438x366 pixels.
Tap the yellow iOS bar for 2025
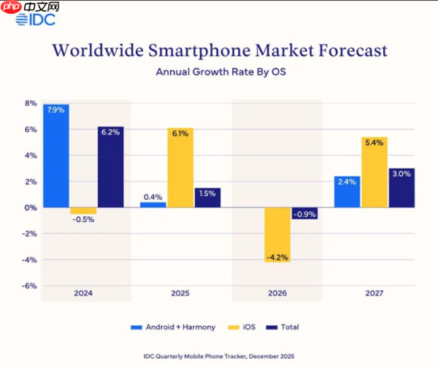click(180, 167)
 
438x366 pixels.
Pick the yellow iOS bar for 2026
click(278, 235)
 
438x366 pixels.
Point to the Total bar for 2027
click(402, 188)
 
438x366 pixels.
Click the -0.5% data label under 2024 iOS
click(83, 220)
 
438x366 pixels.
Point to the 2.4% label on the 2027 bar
click(347, 182)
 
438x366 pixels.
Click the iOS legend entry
click(245, 327)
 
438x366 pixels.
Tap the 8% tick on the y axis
click(30, 104)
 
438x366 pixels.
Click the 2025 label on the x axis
click(180, 293)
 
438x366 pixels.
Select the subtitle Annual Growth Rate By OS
click(219, 72)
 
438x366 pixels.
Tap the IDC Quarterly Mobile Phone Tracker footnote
click(219, 356)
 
